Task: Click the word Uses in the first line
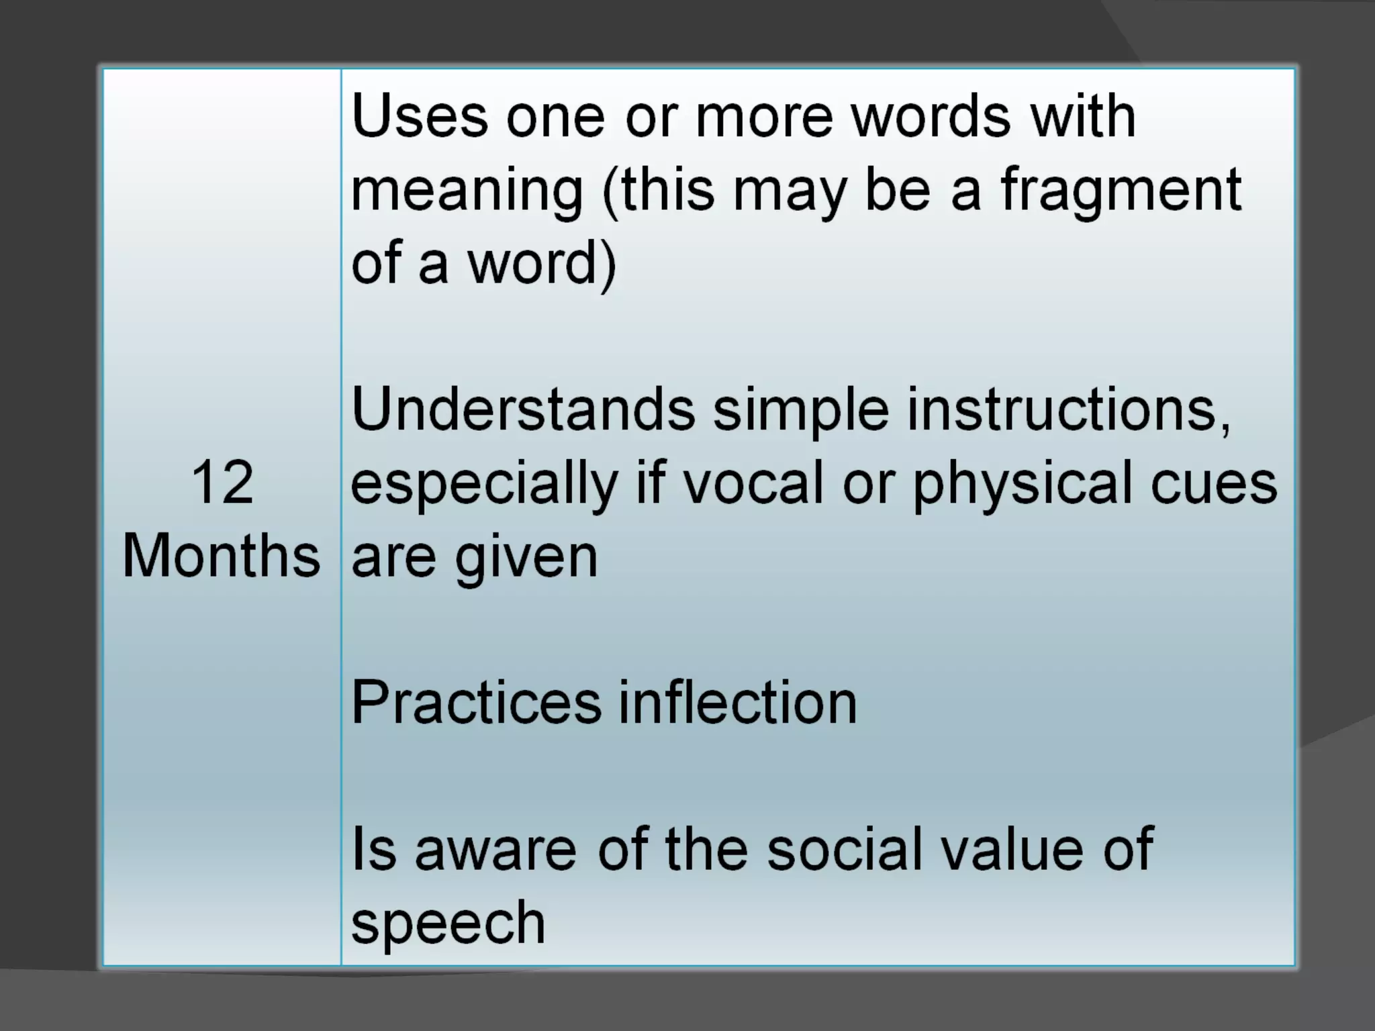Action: click(420, 117)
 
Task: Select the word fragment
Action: click(1121, 190)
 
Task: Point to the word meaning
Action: click(467, 191)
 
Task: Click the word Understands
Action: click(523, 409)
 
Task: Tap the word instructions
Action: click(1069, 409)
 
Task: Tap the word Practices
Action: click(476, 703)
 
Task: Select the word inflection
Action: click(737, 703)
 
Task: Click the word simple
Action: click(801, 411)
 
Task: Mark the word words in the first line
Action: click(931, 117)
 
